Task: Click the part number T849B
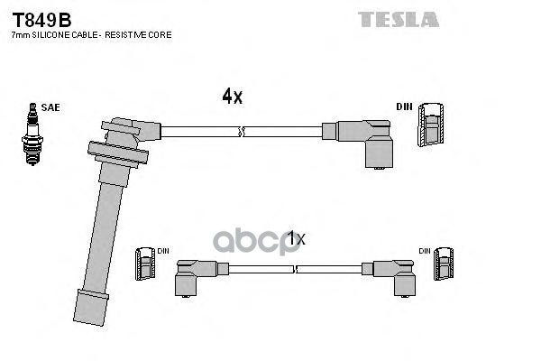point(41,20)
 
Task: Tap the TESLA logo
point(399,19)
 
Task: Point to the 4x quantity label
point(233,96)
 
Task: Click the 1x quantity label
point(297,238)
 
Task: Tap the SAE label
point(50,107)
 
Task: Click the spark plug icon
point(32,134)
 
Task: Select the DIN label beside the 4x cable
point(404,106)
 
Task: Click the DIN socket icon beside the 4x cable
point(431,125)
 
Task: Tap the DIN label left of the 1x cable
point(163,251)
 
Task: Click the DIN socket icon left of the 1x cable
point(145,264)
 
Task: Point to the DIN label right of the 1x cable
point(425,251)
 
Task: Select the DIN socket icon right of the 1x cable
point(444,264)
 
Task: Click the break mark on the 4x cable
point(242,132)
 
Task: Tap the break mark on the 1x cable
point(295,270)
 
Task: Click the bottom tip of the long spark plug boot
point(88,322)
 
